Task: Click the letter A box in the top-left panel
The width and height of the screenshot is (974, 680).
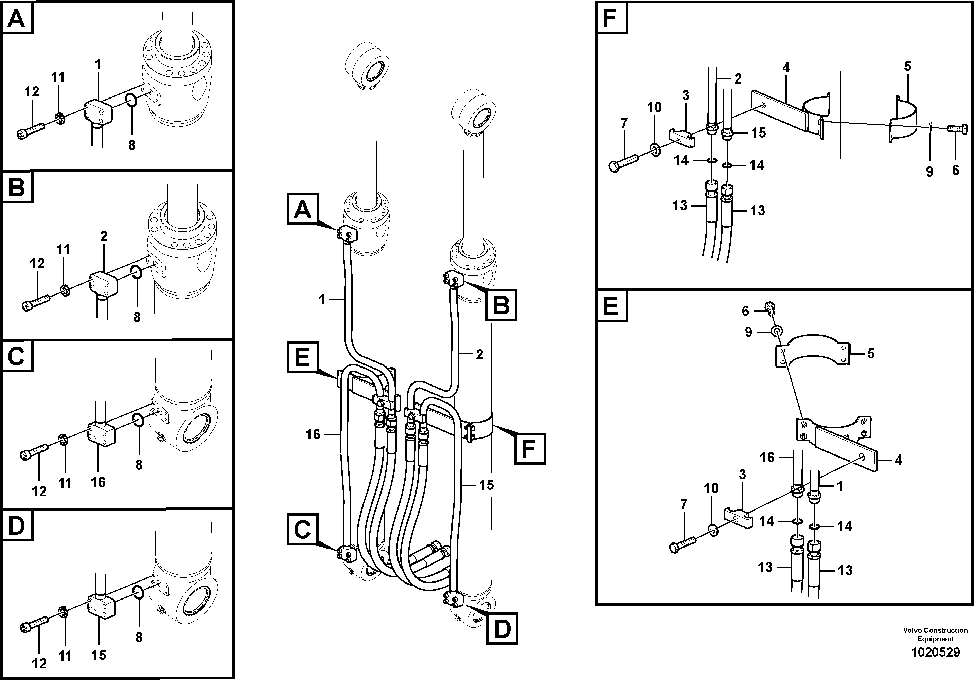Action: pos(17,19)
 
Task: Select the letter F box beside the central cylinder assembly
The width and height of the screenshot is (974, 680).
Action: pos(529,448)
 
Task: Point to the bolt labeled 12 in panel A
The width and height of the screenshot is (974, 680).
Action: pos(31,130)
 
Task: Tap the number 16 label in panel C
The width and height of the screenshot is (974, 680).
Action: pos(98,482)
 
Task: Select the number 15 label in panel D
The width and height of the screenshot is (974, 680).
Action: pos(99,655)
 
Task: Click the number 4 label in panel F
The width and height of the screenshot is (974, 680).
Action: pos(786,68)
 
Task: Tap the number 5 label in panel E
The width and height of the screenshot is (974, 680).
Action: pos(870,353)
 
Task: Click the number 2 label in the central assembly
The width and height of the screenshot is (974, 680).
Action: pos(479,355)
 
